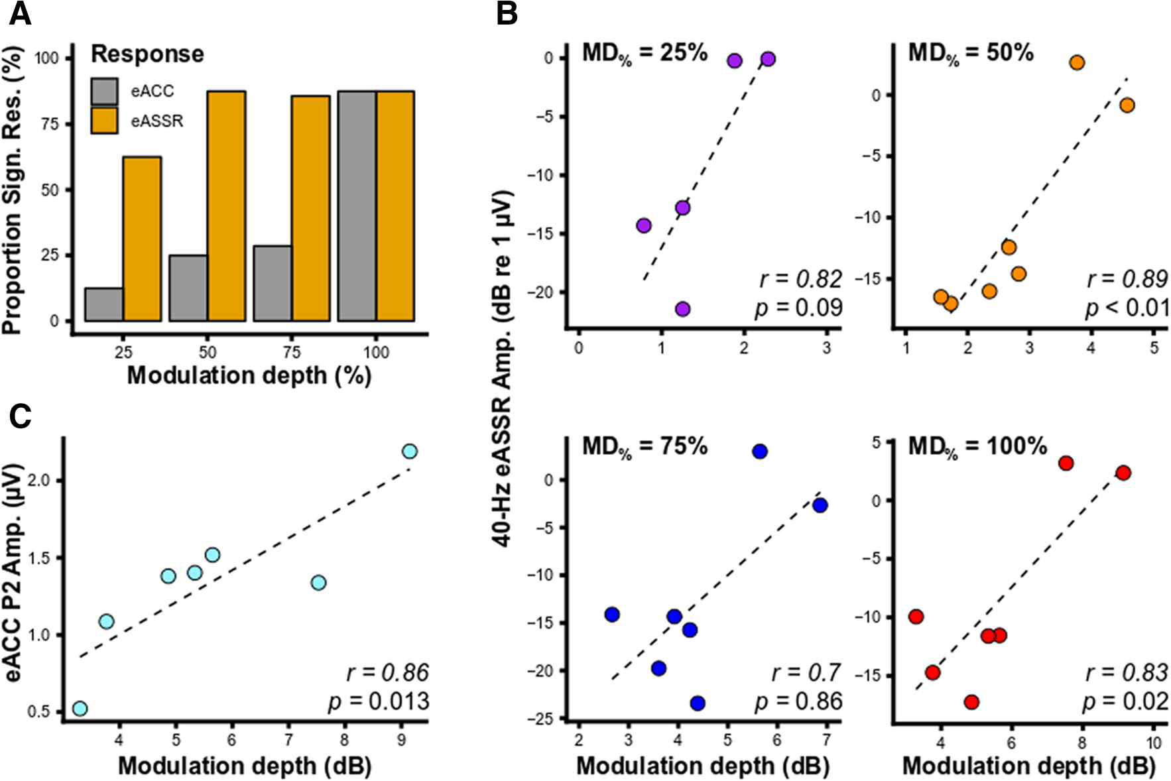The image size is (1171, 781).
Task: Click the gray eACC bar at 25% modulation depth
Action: pyautogui.click(x=104, y=304)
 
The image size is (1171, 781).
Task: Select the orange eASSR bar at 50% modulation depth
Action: pyautogui.click(x=226, y=206)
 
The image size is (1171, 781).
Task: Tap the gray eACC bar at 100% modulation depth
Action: pyautogui.click(x=357, y=206)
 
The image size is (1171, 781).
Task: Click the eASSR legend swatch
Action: pyautogui.click(x=104, y=121)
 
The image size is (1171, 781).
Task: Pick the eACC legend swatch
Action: pyautogui.click(x=104, y=91)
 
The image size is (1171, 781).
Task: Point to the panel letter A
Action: pyautogui.click(x=20, y=14)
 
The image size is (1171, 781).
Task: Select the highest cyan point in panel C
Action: pyautogui.click(x=410, y=451)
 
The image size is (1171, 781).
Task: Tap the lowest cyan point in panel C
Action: pyautogui.click(x=80, y=709)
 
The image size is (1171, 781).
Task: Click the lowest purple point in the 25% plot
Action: pyautogui.click(x=682, y=309)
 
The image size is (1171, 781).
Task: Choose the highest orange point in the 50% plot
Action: pyautogui.click(x=1077, y=63)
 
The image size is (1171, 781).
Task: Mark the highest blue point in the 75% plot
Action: pyautogui.click(x=760, y=451)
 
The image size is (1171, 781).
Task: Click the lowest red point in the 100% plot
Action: pyautogui.click(x=972, y=702)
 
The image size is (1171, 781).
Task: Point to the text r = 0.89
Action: pyautogui.click(x=1127, y=279)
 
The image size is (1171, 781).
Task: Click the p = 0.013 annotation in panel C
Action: pyautogui.click(x=379, y=701)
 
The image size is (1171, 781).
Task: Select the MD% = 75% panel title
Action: pyautogui.click(x=645, y=446)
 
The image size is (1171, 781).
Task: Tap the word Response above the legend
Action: pyautogui.click(x=147, y=54)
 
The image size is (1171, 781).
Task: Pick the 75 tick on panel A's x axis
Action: pyautogui.click(x=292, y=351)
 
